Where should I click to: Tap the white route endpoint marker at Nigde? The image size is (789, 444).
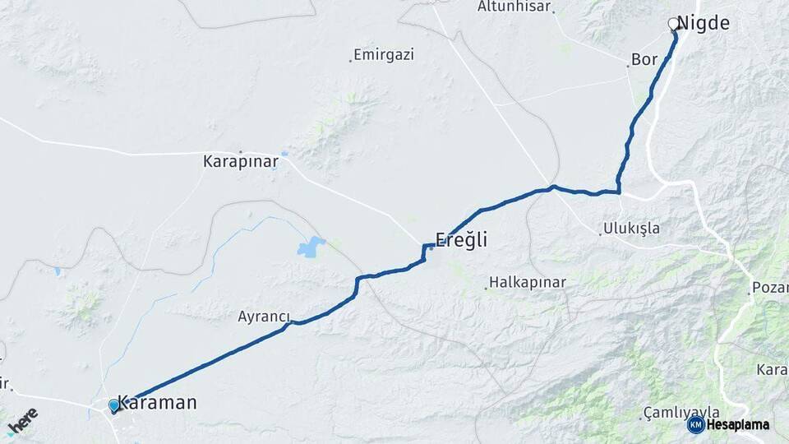click(x=674, y=24)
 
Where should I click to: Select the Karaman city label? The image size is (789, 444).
click(x=157, y=403)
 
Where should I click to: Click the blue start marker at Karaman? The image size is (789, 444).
click(x=114, y=405)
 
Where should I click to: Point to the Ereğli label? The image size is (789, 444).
click(x=461, y=240)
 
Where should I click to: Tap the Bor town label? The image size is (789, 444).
click(x=645, y=60)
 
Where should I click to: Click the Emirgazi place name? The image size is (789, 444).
click(x=384, y=56)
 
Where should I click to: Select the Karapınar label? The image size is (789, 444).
click(x=240, y=162)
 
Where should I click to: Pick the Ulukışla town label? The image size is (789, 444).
click(x=631, y=228)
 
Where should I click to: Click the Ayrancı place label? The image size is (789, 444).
click(x=265, y=316)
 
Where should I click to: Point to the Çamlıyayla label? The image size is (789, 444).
click(x=682, y=412)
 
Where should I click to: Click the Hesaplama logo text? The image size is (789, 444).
click(x=737, y=425)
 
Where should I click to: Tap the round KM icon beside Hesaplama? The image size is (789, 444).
click(x=695, y=424)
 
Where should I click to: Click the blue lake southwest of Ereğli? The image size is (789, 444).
click(x=311, y=246)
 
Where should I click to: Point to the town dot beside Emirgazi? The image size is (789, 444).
click(x=350, y=59)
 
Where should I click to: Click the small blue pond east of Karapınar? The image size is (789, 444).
click(x=284, y=154)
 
